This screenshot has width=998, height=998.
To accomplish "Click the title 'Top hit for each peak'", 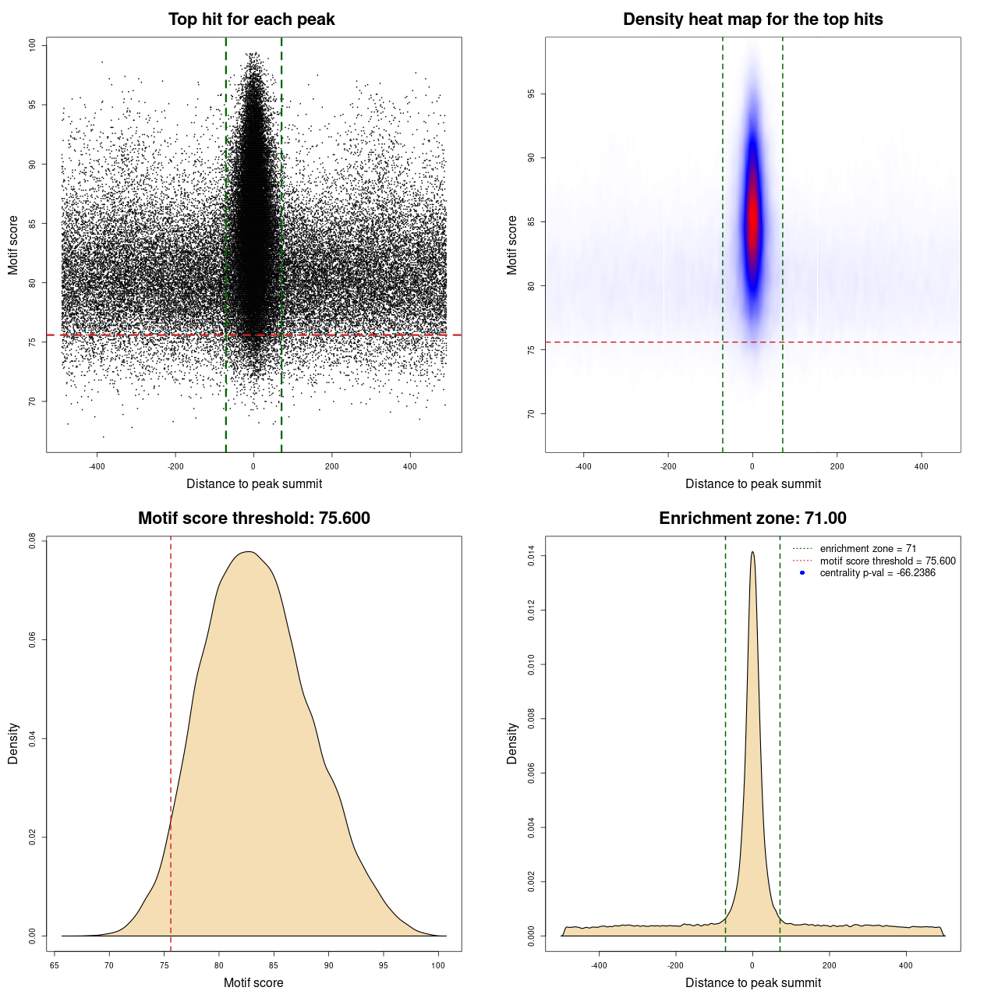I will coord(251,19).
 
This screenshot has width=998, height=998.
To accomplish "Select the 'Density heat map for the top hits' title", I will coord(752,19).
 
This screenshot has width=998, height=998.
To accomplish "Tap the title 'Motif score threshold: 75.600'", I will coord(253,518).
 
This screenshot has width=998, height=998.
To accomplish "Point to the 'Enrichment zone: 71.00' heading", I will coord(752,518).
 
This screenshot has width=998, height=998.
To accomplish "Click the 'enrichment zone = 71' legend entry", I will coord(868,549).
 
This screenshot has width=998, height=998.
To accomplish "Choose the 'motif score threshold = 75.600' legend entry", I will coord(887,561).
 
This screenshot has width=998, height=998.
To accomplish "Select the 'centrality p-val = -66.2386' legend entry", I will coord(877,573).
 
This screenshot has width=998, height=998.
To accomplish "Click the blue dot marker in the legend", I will coord(802,573).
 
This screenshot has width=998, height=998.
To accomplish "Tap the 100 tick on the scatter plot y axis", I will coord(32,45).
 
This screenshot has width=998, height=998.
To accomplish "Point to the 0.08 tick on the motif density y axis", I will coord(32,540).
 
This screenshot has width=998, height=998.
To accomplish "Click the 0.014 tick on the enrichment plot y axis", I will coord(531,556).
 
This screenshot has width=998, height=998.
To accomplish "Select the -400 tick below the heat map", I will coord(583,466).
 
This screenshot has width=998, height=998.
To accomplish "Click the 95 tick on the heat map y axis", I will coord(531,94).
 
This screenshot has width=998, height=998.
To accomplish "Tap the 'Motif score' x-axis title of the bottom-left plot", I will coord(253,982).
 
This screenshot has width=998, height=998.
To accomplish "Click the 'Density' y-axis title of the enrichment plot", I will coord(512,743).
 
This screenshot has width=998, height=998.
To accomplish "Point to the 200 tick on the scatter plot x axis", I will coord(332,466).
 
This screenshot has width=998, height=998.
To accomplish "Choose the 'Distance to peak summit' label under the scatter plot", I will coord(254,483).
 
